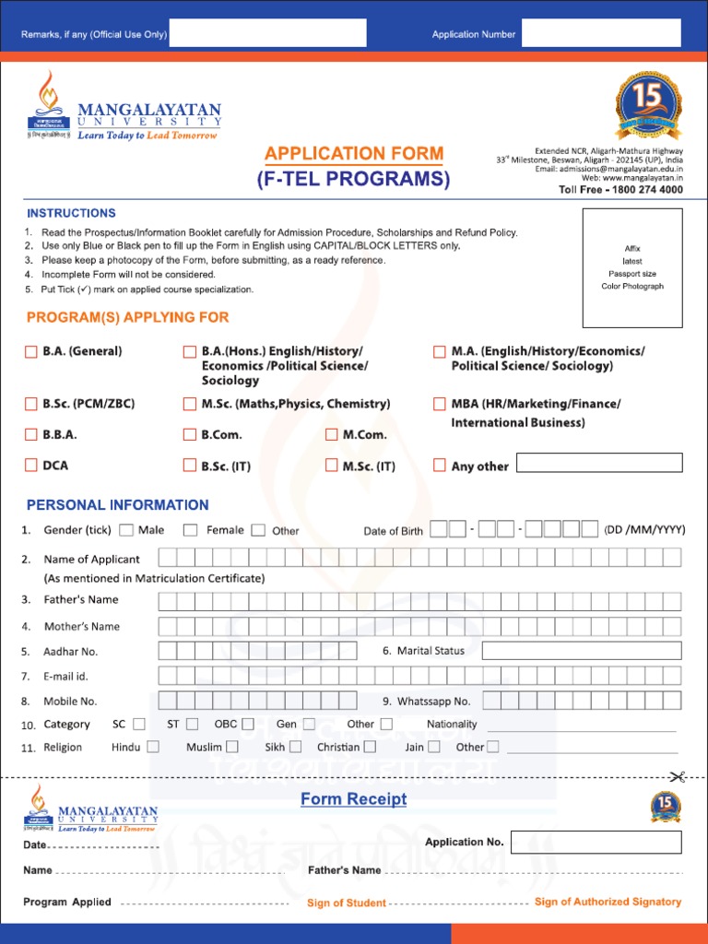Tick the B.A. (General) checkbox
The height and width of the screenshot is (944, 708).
pos(31,351)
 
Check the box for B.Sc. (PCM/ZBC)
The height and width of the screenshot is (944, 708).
pos(31,404)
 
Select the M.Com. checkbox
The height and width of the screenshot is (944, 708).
pos(332,434)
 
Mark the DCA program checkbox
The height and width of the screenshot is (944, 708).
pos(31,466)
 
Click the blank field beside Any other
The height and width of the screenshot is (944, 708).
pos(599,463)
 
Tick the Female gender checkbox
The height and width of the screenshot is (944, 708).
pos(190,530)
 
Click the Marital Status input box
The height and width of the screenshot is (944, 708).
pos(582,651)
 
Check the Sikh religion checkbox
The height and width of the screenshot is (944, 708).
pos(295,747)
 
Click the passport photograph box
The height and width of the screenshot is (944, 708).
pos(632,267)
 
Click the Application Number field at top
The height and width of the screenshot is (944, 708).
pos(601,33)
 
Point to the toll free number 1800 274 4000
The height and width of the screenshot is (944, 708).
pos(620,190)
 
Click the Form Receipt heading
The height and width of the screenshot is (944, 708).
pos(353,799)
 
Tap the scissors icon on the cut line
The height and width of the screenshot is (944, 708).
pos(678,777)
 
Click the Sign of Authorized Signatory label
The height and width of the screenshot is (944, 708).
pos(608,902)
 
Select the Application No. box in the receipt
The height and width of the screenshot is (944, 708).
pos(596,842)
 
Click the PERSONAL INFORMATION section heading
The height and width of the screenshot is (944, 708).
pos(117,505)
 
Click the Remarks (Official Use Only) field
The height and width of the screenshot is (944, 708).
pos(267,33)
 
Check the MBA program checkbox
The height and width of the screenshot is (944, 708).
pos(440,404)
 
